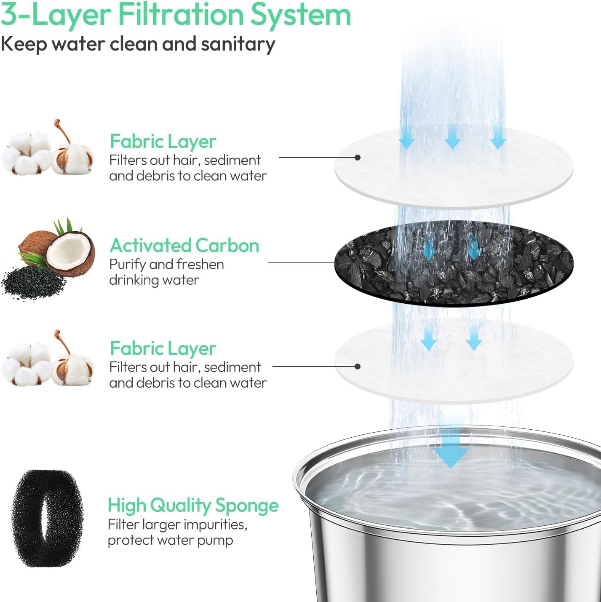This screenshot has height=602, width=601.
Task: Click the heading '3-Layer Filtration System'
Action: [176, 15]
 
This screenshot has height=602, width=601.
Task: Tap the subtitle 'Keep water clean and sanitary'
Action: [138, 44]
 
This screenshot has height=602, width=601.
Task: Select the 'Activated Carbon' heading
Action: [184, 246]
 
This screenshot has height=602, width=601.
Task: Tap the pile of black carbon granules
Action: [33, 283]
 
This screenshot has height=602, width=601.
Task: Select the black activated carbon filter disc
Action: [454, 263]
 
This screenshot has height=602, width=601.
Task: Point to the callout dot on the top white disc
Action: [358, 158]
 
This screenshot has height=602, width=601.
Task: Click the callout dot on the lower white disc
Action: [358, 367]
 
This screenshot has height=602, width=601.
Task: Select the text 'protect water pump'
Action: [170, 540]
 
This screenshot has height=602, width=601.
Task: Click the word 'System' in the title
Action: [301, 15]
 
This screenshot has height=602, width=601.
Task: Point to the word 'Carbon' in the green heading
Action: [227, 246]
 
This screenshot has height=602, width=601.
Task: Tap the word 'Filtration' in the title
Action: [181, 15]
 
